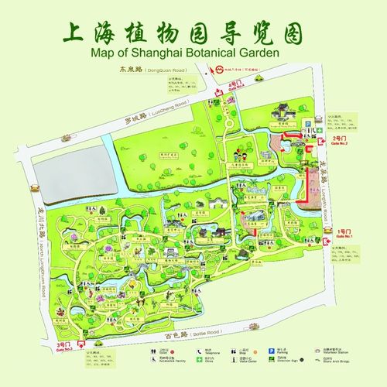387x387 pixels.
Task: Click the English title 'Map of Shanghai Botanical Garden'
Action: point(193,53)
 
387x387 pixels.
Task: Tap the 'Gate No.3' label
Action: point(63,349)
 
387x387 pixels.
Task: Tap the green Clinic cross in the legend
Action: point(200,361)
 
